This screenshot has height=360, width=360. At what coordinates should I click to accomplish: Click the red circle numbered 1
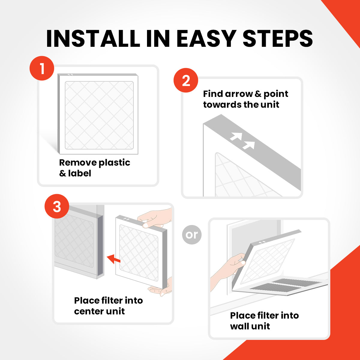pyautogui.click(x=42, y=68)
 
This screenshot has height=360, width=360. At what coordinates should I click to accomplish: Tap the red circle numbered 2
pyautogui.click(x=186, y=80)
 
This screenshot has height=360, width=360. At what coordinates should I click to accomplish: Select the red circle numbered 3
pyautogui.click(x=57, y=207)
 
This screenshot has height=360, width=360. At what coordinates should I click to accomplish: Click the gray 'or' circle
pyautogui.click(x=192, y=234)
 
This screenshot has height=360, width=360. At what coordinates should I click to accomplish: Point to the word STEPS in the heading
pyautogui.click(x=277, y=38)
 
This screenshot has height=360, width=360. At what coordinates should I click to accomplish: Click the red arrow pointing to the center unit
pyautogui.click(x=113, y=259)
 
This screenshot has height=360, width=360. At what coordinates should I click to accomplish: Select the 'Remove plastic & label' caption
pyautogui.click(x=94, y=168)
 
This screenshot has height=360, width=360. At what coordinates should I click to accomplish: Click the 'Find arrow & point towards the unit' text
pyautogui.click(x=245, y=99)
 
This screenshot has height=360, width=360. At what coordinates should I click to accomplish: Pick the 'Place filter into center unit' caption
pyautogui.click(x=108, y=306)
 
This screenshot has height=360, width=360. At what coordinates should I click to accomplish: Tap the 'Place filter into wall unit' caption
pyautogui.click(x=264, y=321)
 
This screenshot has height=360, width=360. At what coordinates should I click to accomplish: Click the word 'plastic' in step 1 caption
pyautogui.click(x=114, y=163)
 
